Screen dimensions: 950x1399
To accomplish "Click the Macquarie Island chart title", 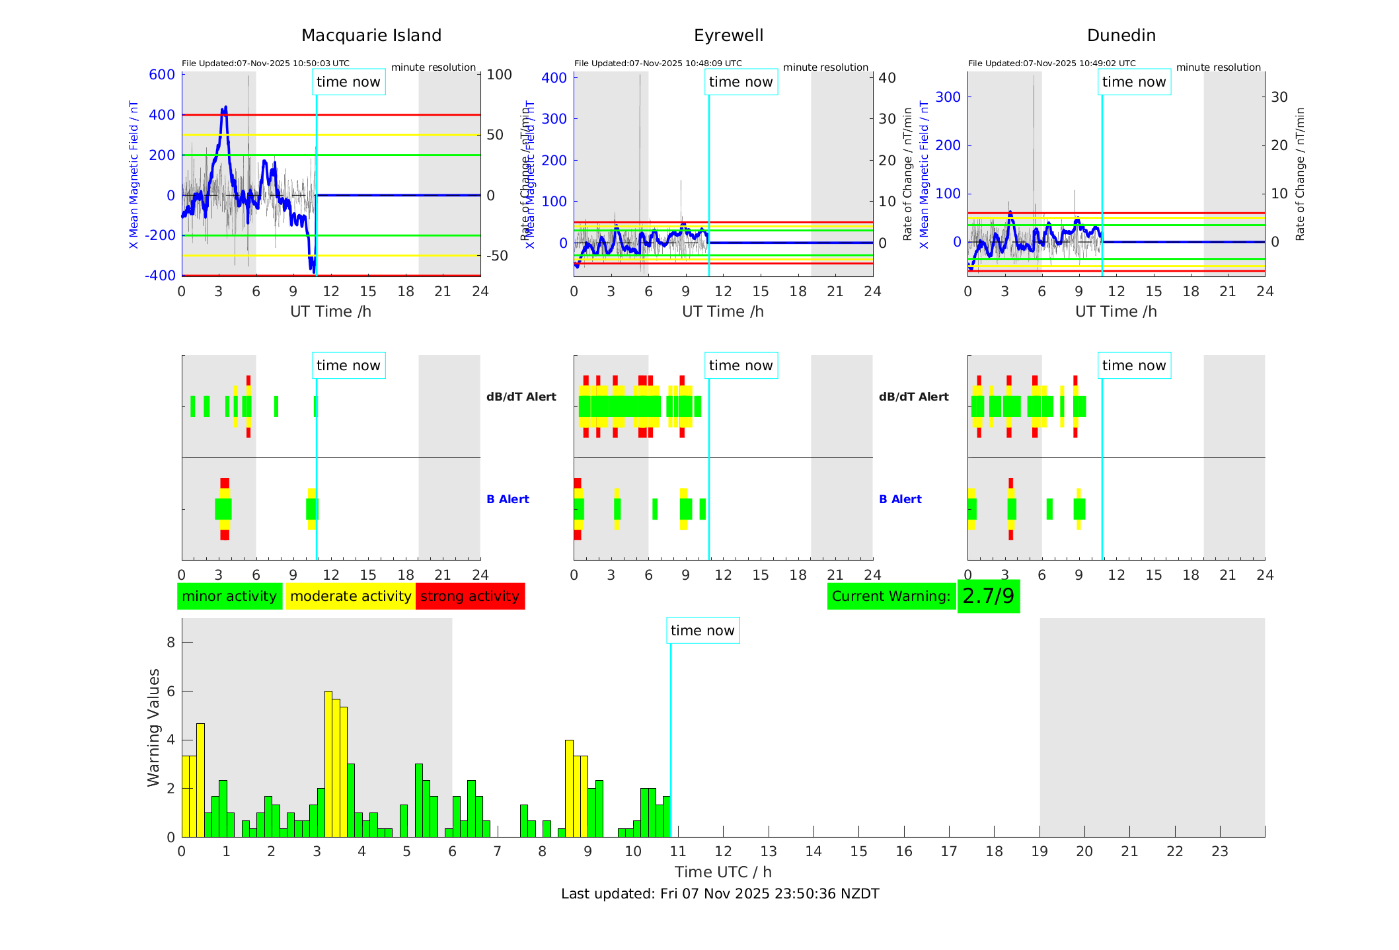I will (371, 36).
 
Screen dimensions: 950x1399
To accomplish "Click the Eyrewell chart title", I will (728, 36).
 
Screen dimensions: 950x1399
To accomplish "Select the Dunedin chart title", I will (1121, 36).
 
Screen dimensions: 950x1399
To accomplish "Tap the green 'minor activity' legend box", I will (229, 596).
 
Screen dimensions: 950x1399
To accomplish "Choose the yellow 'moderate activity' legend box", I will (350, 596).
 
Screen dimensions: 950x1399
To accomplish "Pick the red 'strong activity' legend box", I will (470, 596).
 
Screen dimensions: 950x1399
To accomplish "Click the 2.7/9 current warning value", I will (988, 596).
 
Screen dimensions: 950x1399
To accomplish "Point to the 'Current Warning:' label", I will (891, 596).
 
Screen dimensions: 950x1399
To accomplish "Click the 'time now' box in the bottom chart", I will (702, 631).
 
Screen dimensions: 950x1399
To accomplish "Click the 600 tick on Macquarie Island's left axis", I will (162, 75).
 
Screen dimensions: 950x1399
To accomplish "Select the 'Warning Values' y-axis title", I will (154, 727).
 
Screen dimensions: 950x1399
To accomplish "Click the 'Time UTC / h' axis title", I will (723, 872).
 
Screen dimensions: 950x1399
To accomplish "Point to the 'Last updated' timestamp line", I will (720, 894).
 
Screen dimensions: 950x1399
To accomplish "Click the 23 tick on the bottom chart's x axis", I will (1219, 851).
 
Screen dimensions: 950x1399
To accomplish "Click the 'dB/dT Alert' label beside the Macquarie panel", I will (521, 397).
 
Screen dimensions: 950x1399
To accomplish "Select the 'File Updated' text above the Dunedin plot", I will (1051, 63).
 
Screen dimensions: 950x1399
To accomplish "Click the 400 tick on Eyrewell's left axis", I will (554, 78).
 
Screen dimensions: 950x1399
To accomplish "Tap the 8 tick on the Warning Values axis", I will (171, 642).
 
